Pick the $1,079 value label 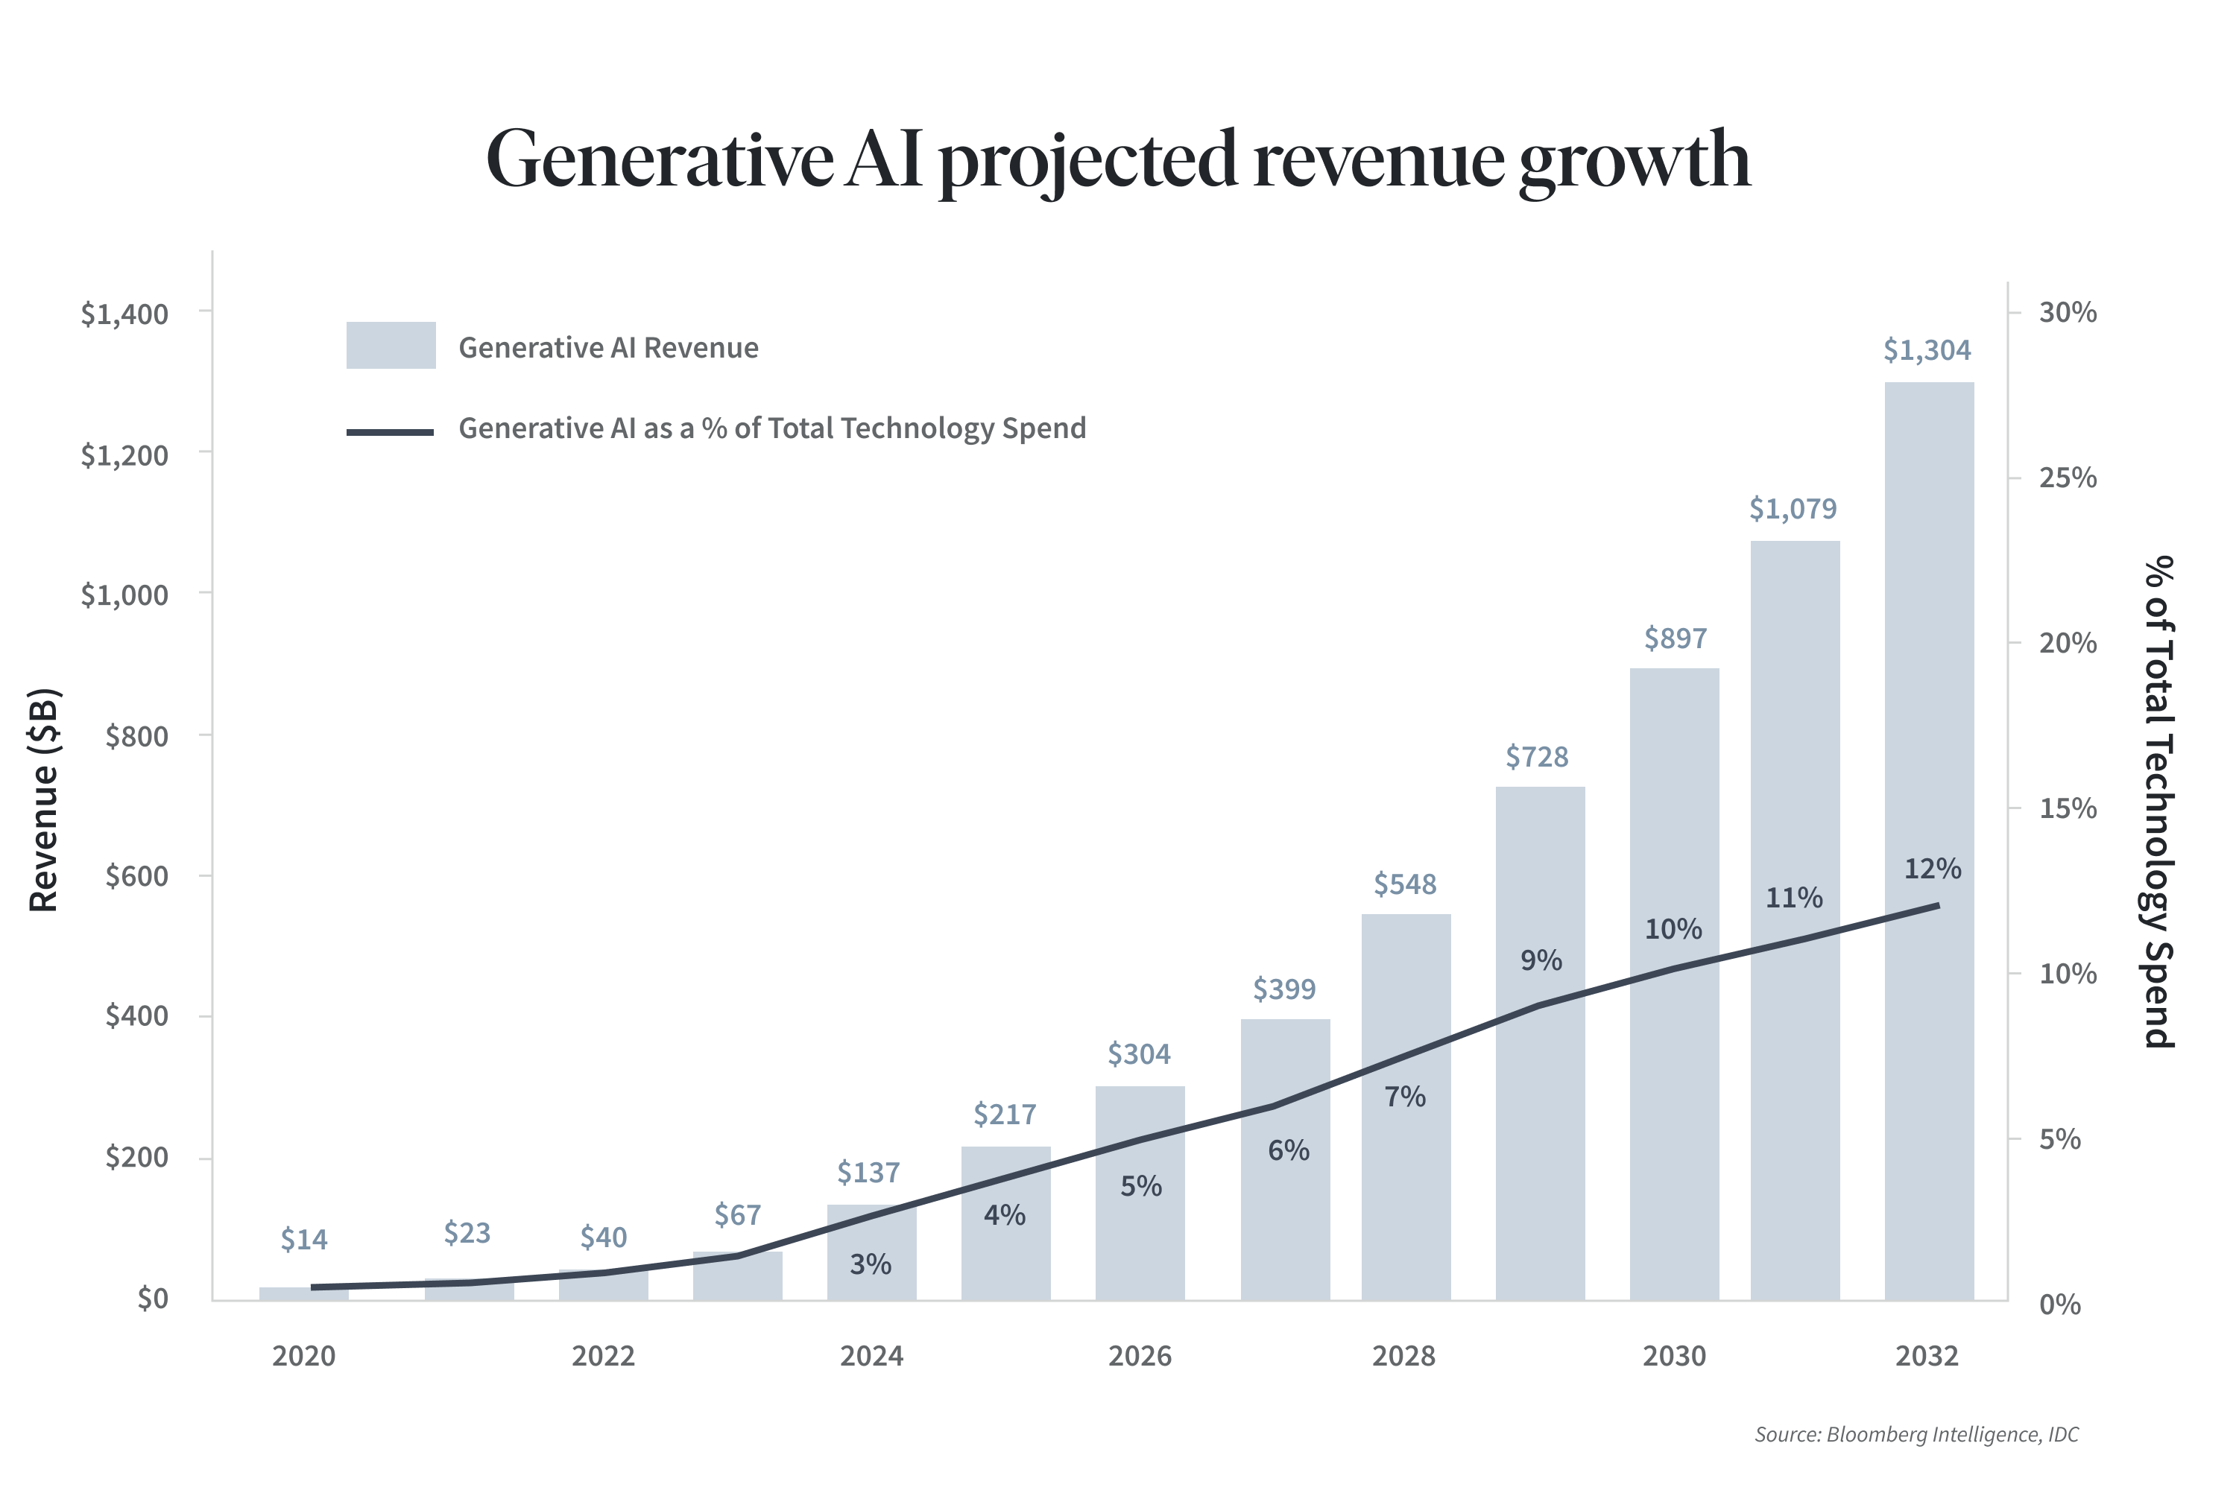(1793, 508)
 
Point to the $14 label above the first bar (304, 1239)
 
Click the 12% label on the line (1932, 869)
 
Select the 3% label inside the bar (871, 1264)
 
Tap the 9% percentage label (1541, 960)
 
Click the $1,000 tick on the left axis (124, 595)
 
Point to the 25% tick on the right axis (2068, 477)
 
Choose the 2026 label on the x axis (1139, 1356)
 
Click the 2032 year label (1927, 1356)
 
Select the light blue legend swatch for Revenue (391, 345)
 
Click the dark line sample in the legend (390, 431)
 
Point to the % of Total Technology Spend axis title (2159, 801)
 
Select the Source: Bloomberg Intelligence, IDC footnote (1916, 1434)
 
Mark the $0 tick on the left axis (152, 1299)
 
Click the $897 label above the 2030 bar (1675, 638)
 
